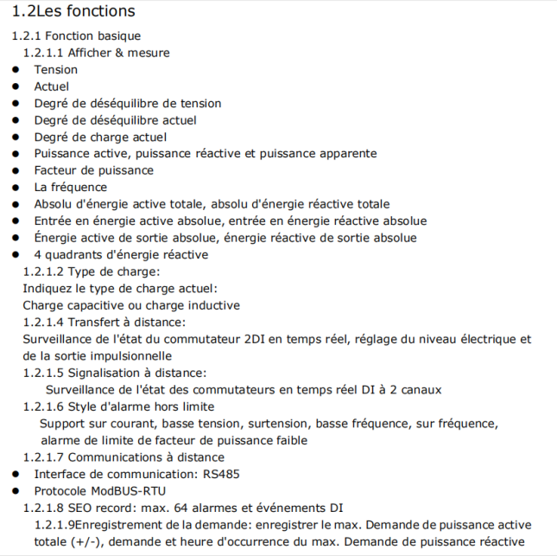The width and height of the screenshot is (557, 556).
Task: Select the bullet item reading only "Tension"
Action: (x=55, y=70)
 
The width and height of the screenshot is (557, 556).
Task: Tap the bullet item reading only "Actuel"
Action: (x=51, y=86)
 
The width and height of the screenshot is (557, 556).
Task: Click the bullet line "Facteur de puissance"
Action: (x=93, y=170)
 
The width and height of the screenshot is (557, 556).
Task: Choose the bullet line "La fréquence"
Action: (x=71, y=188)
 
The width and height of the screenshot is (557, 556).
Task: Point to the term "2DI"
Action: (x=254, y=339)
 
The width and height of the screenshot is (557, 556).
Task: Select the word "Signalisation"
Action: (x=104, y=373)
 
